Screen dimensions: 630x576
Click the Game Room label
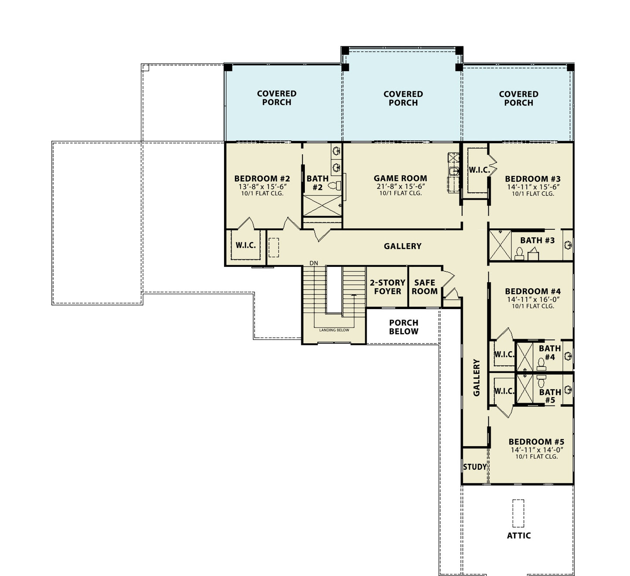point(400,178)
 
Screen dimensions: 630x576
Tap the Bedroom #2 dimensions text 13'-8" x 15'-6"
point(262,187)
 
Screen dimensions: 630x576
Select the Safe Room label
point(425,287)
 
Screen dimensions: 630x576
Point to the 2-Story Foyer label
point(388,287)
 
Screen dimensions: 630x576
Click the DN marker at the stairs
point(314,263)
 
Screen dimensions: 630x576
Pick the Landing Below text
point(334,330)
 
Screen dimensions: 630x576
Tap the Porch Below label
point(404,327)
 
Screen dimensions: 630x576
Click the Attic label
point(519,535)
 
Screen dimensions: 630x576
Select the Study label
point(475,467)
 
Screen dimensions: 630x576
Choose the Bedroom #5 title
point(536,442)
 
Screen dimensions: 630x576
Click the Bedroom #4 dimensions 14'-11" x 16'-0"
point(533,299)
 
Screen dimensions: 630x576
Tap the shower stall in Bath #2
point(322,206)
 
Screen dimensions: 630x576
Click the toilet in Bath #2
point(335,185)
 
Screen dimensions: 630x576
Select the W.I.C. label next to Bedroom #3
point(480,170)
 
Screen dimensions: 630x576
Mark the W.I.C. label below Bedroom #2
point(245,245)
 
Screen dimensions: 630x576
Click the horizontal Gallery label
point(402,246)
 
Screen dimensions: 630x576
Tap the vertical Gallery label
point(477,378)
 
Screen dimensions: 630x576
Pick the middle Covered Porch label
point(403,99)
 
